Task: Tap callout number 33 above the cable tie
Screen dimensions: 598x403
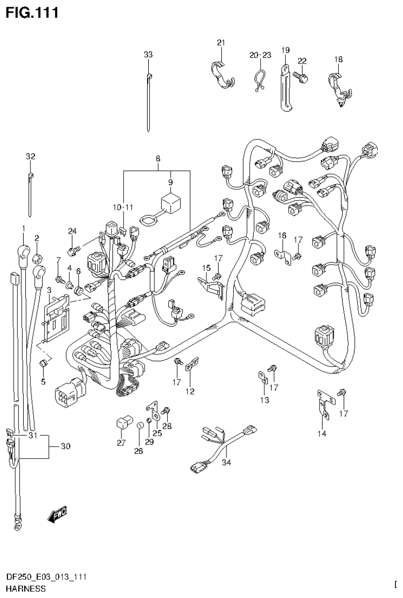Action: (x=148, y=54)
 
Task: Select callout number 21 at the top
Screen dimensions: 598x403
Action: (x=221, y=43)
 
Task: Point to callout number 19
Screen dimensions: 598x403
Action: (x=285, y=50)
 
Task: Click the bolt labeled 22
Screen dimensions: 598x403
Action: (x=302, y=77)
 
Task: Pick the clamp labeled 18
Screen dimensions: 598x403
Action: (x=337, y=87)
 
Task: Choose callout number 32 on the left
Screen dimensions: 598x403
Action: (x=30, y=156)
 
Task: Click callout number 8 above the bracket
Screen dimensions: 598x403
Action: (x=157, y=158)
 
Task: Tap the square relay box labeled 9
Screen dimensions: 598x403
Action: (x=170, y=201)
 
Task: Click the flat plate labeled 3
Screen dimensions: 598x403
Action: (x=56, y=318)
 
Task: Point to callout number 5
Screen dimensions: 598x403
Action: (x=43, y=380)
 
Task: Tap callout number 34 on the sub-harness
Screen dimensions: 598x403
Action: (x=226, y=463)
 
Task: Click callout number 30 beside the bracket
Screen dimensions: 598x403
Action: (x=65, y=447)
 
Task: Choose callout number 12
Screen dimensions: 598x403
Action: (x=190, y=391)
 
